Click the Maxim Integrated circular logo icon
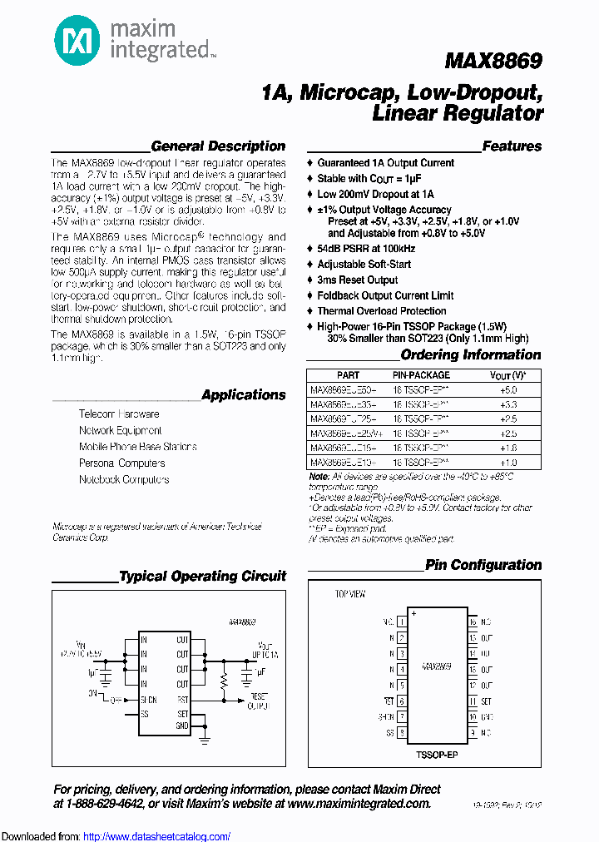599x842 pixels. tap(74, 39)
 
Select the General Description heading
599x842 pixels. tap(218, 146)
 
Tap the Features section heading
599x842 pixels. tap(512, 146)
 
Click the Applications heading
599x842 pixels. tap(243, 395)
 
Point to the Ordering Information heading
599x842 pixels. tap(471, 354)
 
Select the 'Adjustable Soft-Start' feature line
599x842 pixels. tap(364, 265)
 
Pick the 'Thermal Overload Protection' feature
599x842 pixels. tap(382, 311)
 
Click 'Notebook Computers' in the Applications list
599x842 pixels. tap(124, 480)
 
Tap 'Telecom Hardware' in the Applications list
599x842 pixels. tap(119, 414)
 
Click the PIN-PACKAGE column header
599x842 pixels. tap(420, 375)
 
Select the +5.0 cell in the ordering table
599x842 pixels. tap(508, 389)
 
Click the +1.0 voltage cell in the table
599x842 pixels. tap(508, 462)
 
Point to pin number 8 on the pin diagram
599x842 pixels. tap(402, 733)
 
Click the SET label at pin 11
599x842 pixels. tap(487, 701)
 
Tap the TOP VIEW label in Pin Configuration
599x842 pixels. tap(350, 594)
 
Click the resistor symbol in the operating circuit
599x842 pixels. tap(223, 682)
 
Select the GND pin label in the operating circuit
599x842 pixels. tap(182, 726)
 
